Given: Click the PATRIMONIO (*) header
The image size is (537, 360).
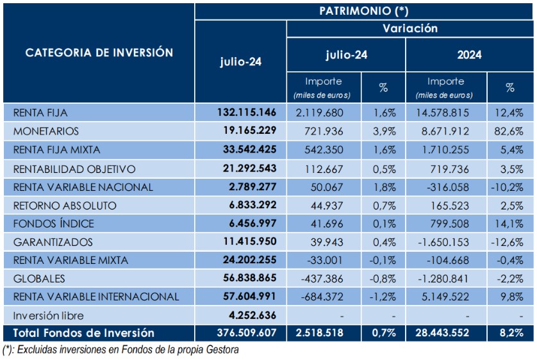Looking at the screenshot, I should [364, 10].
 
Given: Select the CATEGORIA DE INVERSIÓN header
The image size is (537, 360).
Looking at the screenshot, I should [99, 53].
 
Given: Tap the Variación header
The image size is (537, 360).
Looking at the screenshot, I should [410, 28].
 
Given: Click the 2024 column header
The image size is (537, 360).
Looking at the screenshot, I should [469, 55].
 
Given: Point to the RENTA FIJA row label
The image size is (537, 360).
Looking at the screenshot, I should [40, 113].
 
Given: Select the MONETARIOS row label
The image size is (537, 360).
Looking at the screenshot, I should [46, 131].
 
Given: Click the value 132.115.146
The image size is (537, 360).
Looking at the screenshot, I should [247, 113].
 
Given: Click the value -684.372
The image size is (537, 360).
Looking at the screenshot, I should [322, 297].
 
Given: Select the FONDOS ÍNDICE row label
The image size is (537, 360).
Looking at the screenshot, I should [53, 224].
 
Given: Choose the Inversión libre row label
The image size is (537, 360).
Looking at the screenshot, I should [49, 316].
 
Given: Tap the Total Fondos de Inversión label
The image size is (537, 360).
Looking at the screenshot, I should [84, 333].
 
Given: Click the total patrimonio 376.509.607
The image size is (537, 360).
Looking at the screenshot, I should [247, 333].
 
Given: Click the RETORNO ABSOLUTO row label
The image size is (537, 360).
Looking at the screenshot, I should [65, 206].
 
